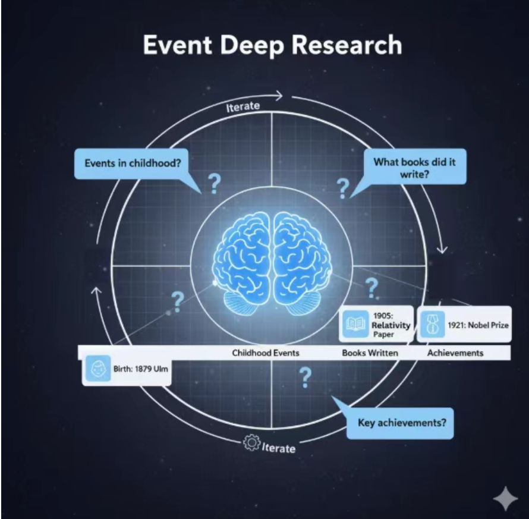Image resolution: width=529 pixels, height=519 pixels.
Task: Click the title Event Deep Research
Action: pos(272,46)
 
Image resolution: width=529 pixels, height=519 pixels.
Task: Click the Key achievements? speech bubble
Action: pos(402,424)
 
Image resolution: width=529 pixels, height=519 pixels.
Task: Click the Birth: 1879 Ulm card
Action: pos(127,369)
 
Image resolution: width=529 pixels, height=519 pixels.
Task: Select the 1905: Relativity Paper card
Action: pos(377,325)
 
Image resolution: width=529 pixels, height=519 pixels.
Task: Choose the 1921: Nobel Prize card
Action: pos(464,325)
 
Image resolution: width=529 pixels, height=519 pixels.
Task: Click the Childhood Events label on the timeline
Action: pos(266,353)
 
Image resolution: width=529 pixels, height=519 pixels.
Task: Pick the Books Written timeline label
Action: pos(370,353)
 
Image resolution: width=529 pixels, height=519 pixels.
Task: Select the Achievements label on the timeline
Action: pos(455,353)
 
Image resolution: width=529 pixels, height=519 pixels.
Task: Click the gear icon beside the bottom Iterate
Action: pos(252,443)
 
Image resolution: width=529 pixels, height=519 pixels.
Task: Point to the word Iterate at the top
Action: pos(243,107)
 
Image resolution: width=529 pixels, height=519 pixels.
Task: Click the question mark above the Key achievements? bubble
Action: pos(306,376)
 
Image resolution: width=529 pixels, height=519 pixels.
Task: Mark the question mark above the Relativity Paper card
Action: pos(371,287)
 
